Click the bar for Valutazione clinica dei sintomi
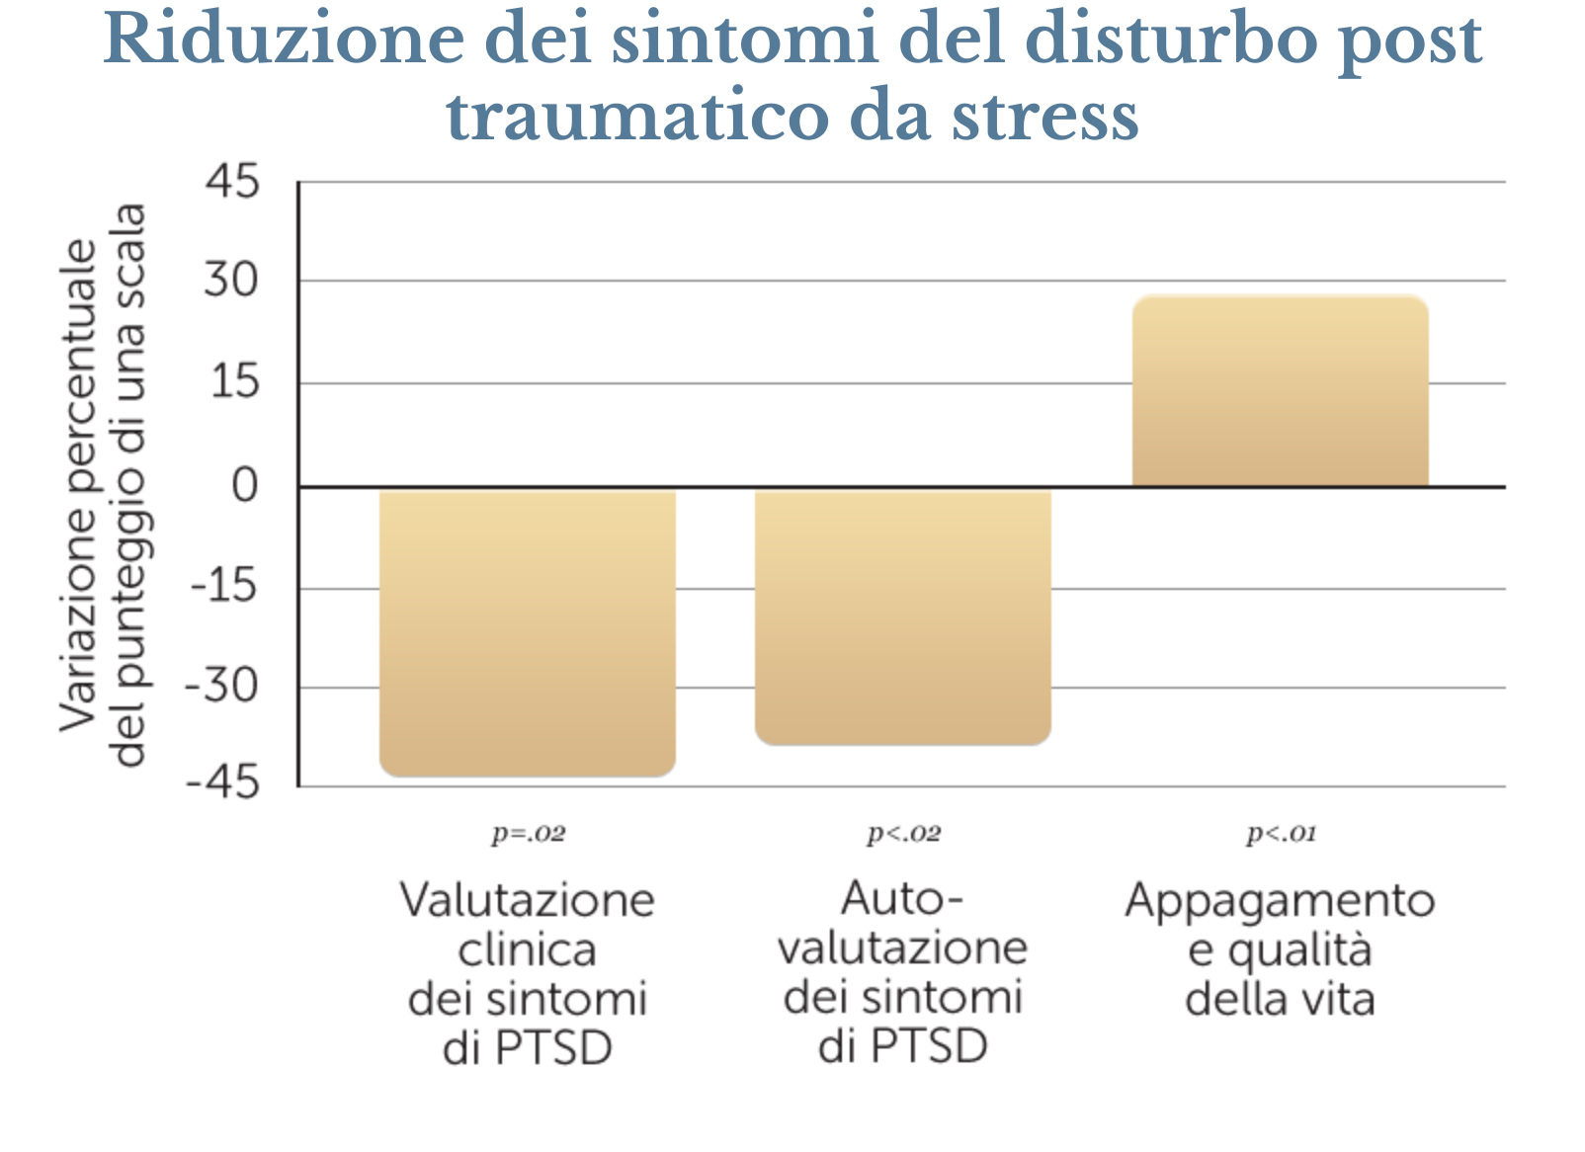(x=528, y=632)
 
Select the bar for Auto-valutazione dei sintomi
(x=902, y=616)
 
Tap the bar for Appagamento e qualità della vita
(x=1280, y=391)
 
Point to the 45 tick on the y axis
(x=232, y=182)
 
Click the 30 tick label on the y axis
(x=231, y=281)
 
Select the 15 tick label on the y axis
(x=234, y=382)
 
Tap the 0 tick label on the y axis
(x=244, y=486)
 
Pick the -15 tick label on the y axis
(x=223, y=588)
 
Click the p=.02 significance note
(x=529, y=835)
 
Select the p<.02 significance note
(x=903, y=835)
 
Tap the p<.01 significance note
(x=1281, y=835)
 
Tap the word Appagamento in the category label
(x=1280, y=901)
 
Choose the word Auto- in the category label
(x=901, y=899)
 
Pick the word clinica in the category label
(x=528, y=950)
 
